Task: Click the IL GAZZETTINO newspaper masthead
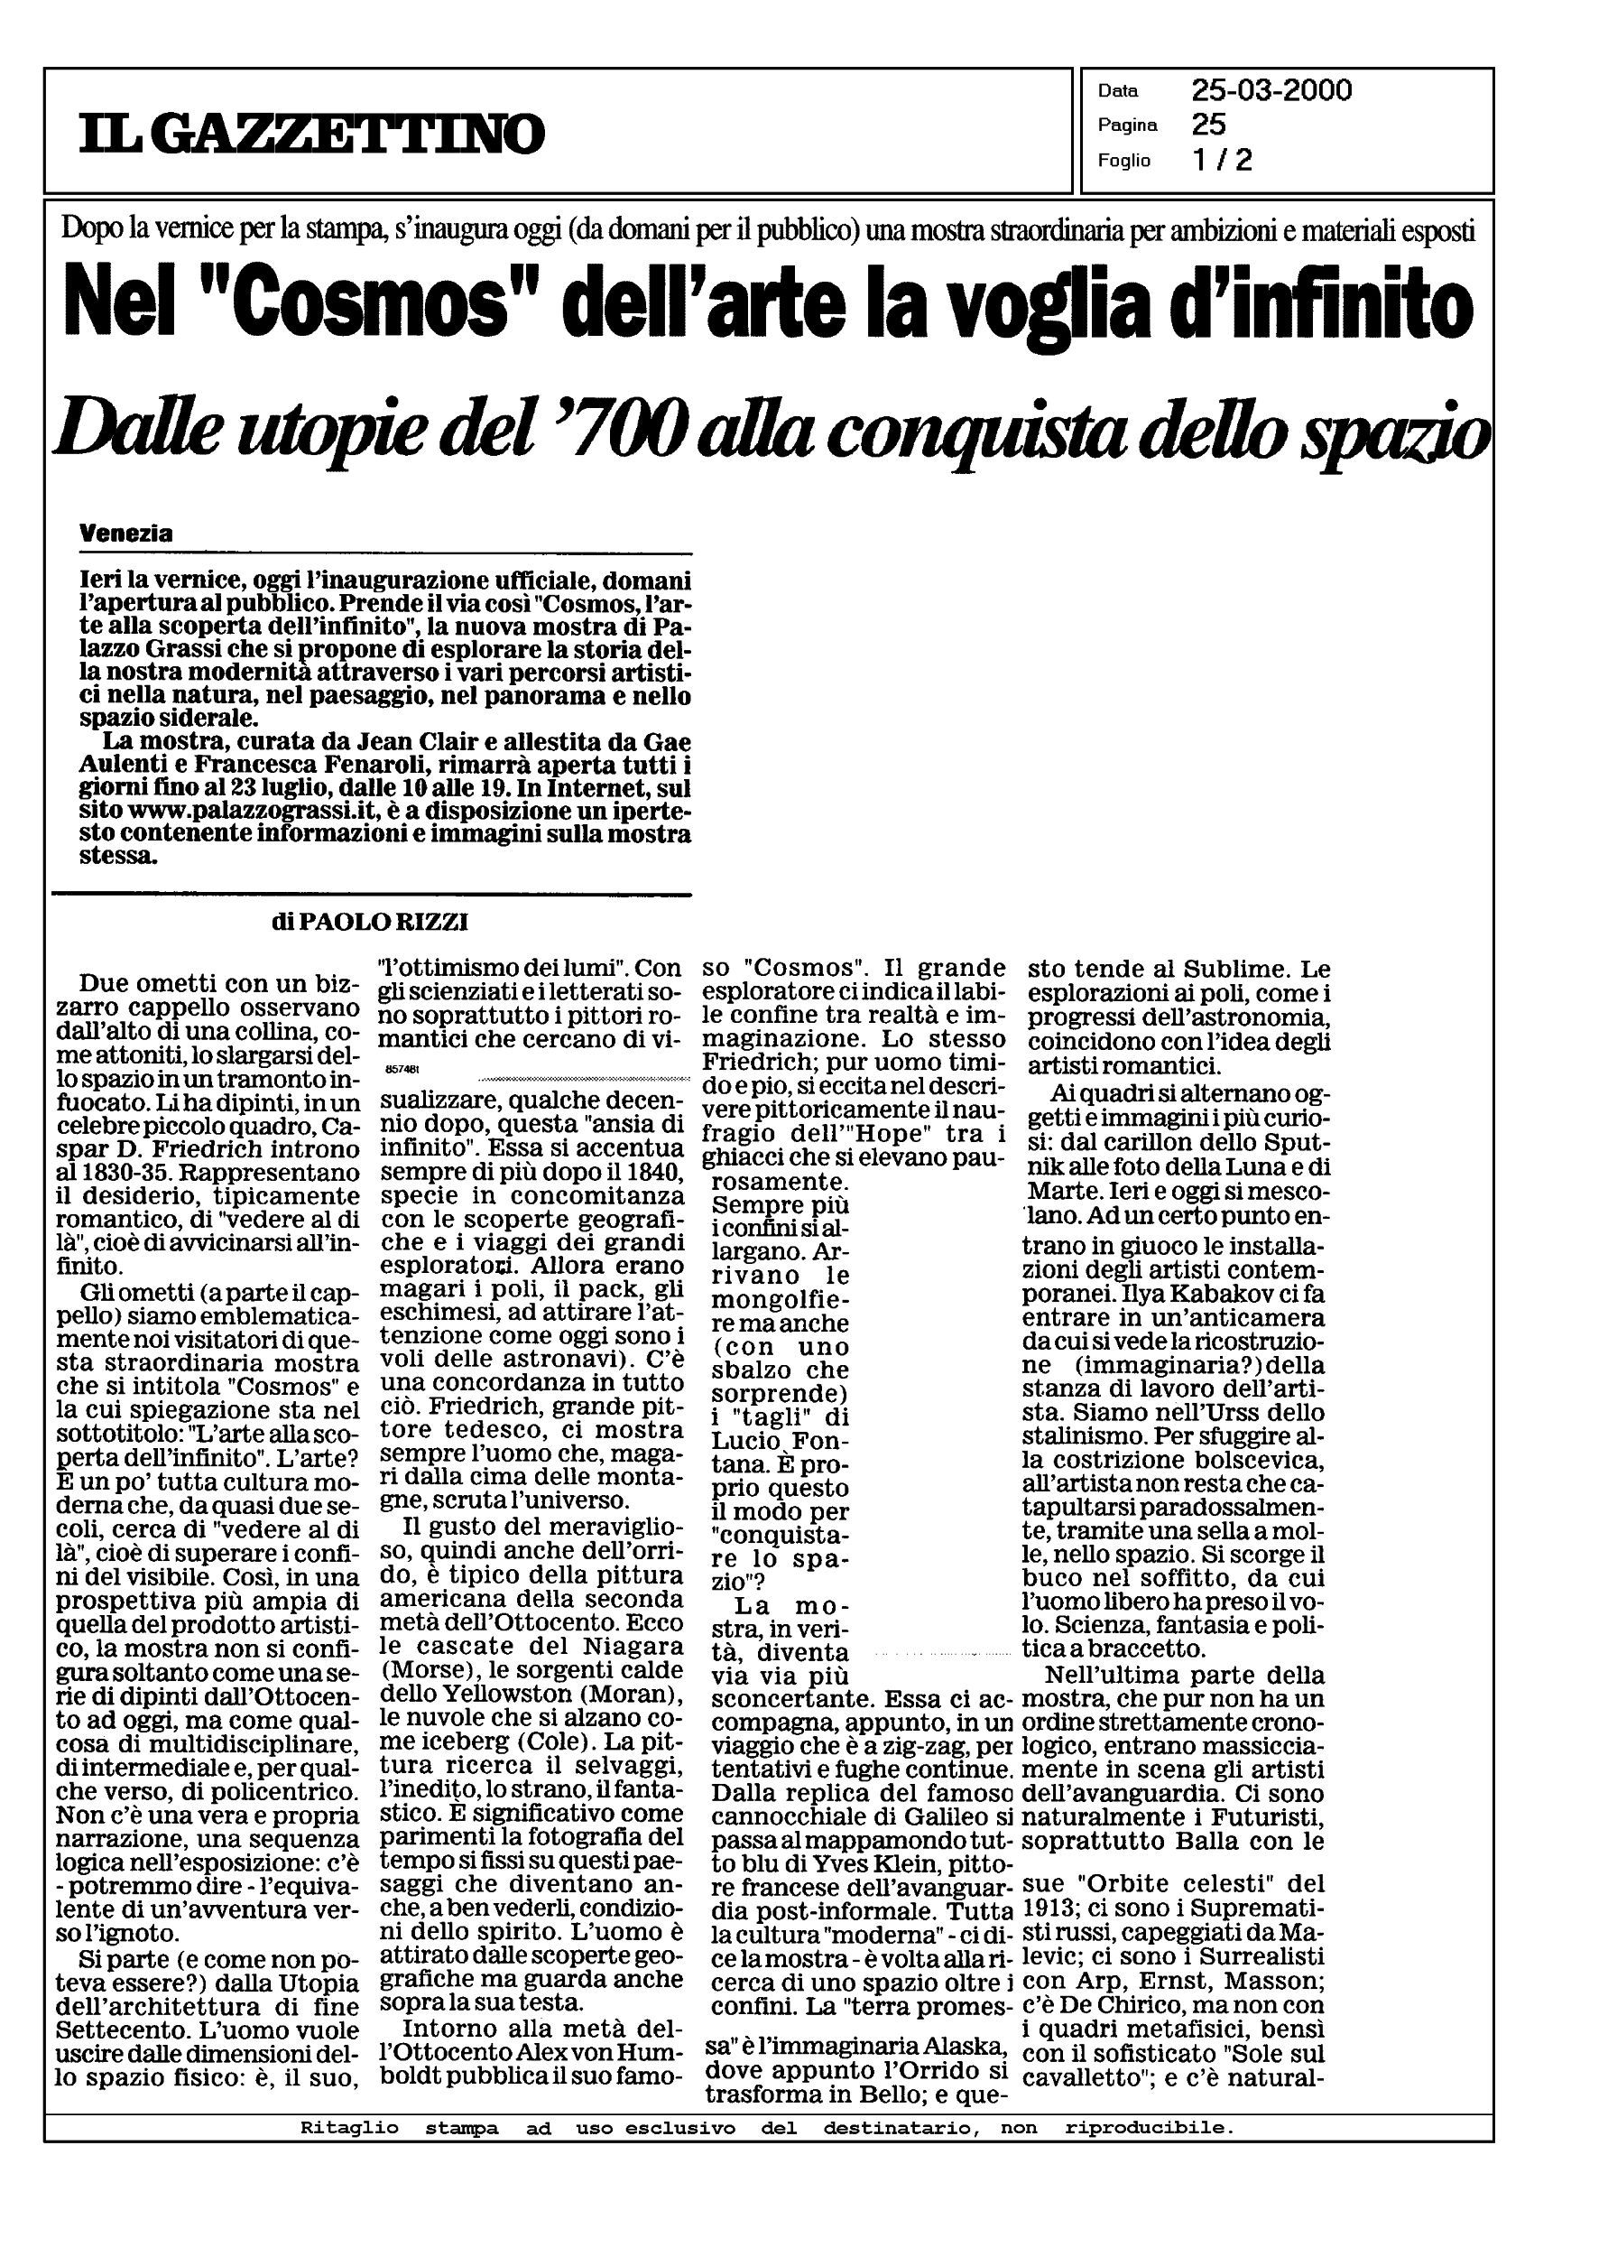(312, 133)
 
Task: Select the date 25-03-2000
(1271, 91)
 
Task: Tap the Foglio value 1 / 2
(1223, 160)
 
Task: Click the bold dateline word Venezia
(125, 533)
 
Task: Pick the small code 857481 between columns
(399, 1071)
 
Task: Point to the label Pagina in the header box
(1127, 125)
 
